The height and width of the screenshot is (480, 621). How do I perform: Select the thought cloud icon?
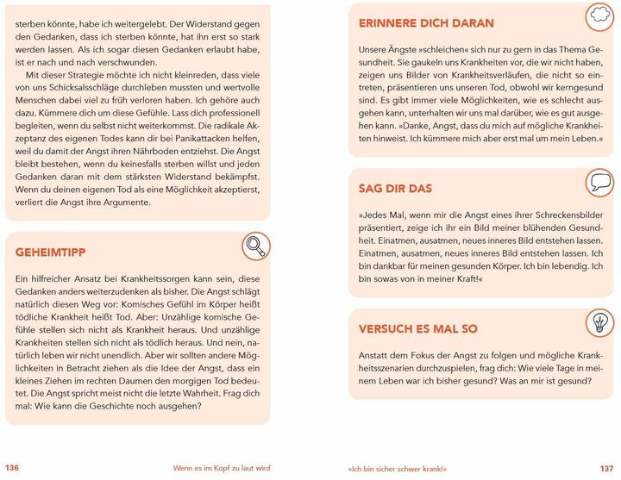[597, 15]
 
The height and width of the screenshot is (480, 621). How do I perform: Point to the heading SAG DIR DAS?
[395, 188]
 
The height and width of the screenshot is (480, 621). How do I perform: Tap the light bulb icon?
[597, 320]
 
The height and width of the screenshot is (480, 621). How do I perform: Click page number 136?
[13, 468]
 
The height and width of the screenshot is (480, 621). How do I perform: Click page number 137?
[607, 468]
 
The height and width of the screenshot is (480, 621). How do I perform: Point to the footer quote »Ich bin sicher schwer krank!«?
[395, 468]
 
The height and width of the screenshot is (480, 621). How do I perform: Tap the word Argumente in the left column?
[124, 202]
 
